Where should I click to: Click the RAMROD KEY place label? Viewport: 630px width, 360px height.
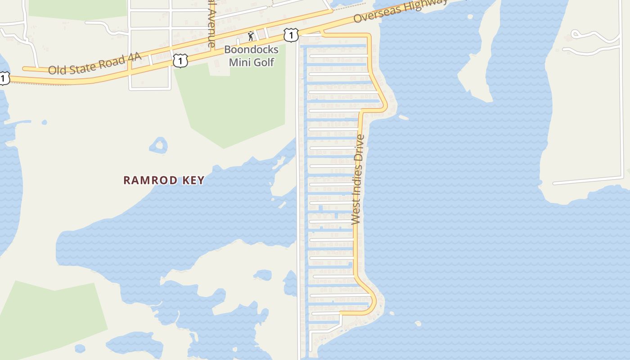[164, 180]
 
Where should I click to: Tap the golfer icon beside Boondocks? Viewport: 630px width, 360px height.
[251, 36]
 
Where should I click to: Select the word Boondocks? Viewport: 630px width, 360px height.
[251, 49]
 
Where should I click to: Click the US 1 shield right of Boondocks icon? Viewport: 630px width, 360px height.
[291, 35]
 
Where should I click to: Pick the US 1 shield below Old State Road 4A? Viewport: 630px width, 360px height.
[180, 60]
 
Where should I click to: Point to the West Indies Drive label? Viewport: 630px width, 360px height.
[358, 179]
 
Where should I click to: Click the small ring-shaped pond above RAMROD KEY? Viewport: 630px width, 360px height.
[158, 145]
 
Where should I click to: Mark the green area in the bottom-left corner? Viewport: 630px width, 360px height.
[49, 315]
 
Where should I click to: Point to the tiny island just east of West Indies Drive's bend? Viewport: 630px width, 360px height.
[404, 118]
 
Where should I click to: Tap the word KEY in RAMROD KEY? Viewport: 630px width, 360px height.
[193, 180]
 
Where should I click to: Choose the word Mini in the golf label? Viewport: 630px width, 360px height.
[239, 62]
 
